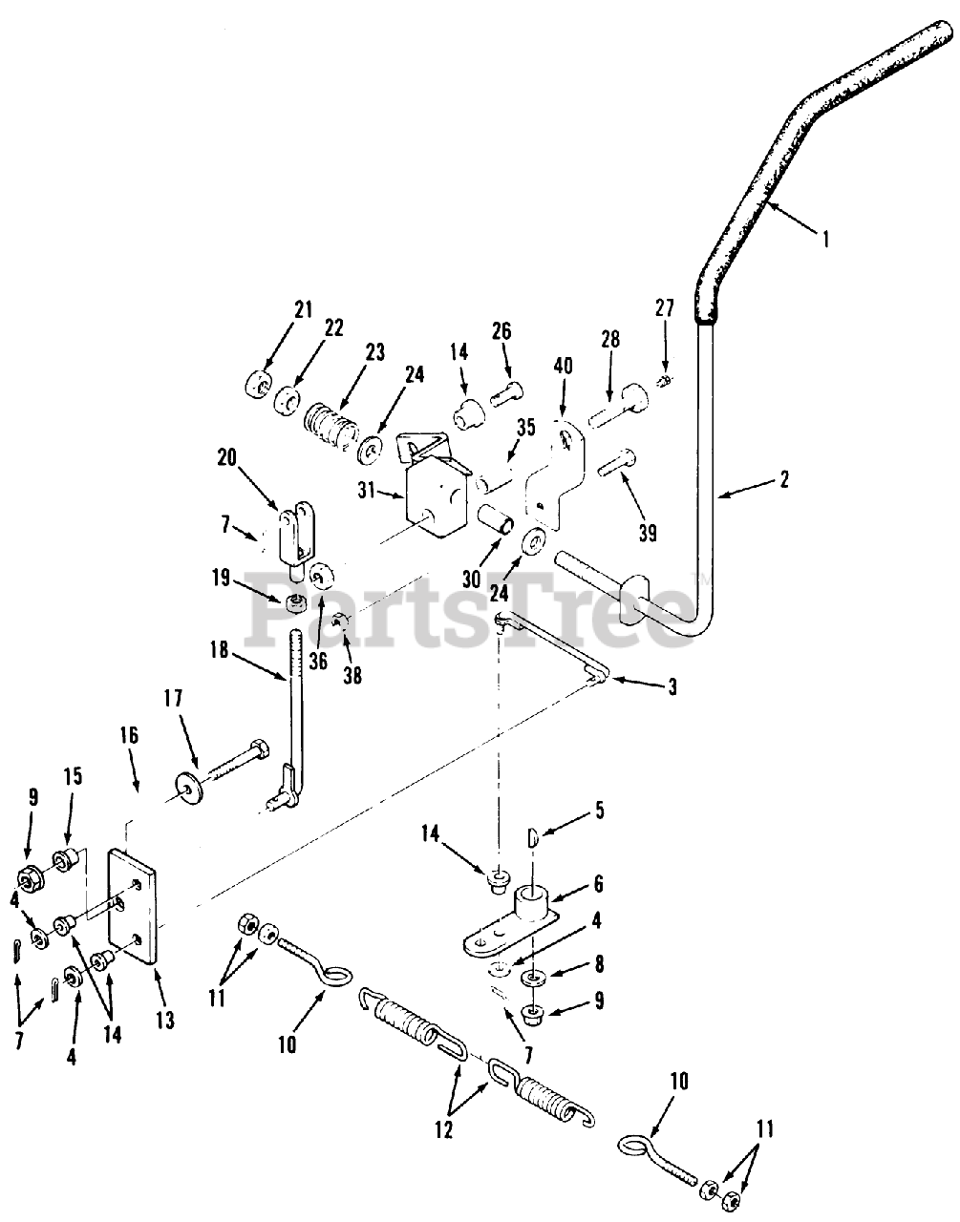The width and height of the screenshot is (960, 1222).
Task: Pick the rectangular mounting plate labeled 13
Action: click(130, 907)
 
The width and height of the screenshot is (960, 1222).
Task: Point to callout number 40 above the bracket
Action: click(564, 365)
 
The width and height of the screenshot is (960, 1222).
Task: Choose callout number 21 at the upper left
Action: click(303, 309)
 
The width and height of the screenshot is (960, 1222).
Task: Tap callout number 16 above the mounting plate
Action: click(129, 736)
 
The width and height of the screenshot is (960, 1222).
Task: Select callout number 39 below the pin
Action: click(648, 534)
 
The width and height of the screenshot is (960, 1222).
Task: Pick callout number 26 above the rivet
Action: click(501, 331)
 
